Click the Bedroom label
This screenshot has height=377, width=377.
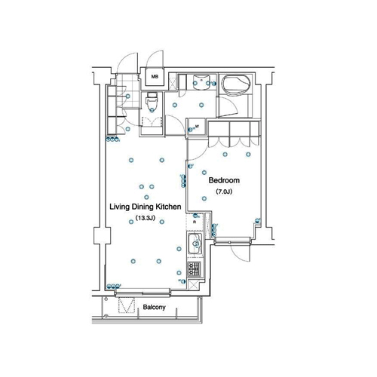[224, 180]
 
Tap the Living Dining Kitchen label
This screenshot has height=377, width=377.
[146, 207]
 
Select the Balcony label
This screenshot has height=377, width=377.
[155, 307]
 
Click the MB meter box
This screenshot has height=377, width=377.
[155, 77]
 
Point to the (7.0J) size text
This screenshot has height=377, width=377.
[224, 192]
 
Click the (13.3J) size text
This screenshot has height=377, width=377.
[145, 218]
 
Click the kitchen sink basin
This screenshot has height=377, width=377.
[195, 244]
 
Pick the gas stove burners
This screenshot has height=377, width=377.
[195, 268]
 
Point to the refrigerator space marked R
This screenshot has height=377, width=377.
[195, 222]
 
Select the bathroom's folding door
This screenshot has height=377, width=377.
[228, 107]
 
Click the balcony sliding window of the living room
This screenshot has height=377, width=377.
[143, 293]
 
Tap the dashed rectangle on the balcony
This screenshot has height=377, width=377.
[127, 305]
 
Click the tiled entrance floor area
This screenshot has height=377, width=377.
[128, 90]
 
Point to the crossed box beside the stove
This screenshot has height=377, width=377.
[194, 285]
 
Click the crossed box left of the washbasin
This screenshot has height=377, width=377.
[173, 82]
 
